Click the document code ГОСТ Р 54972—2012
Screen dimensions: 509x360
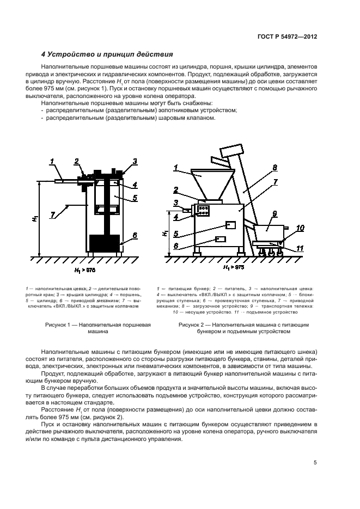click(288, 36)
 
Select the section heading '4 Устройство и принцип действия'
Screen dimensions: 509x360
click(107, 54)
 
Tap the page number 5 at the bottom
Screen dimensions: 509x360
click(315, 463)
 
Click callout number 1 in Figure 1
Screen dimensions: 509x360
click(52, 161)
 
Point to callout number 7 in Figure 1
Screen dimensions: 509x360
click(53, 216)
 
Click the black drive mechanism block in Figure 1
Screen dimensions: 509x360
click(104, 242)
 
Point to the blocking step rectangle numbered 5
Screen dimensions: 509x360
click(230, 224)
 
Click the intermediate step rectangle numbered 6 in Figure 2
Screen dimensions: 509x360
click(220, 239)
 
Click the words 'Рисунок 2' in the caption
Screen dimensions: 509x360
click(193, 324)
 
